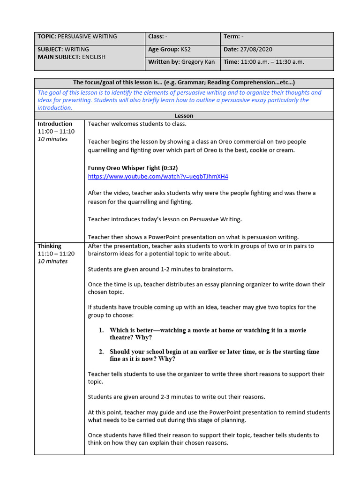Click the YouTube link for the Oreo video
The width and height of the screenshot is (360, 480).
(x=158, y=177)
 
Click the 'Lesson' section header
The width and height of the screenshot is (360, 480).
(x=184, y=116)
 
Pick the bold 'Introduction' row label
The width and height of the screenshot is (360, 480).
(x=55, y=124)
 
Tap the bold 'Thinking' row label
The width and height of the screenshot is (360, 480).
(x=49, y=246)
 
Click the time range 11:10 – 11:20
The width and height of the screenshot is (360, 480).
(x=56, y=254)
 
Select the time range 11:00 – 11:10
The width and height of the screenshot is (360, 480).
(x=56, y=132)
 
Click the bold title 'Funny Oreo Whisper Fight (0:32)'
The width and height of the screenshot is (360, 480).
(x=133, y=168)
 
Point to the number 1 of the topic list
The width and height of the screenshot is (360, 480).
(x=101, y=330)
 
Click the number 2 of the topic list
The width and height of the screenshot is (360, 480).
(x=101, y=352)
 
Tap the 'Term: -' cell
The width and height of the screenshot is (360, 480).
(x=233, y=37)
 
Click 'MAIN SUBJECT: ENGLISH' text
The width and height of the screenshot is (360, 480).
(x=71, y=57)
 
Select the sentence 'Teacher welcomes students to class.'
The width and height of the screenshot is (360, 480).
(x=137, y=124)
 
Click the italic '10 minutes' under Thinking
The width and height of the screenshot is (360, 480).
(x=52, y=261)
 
